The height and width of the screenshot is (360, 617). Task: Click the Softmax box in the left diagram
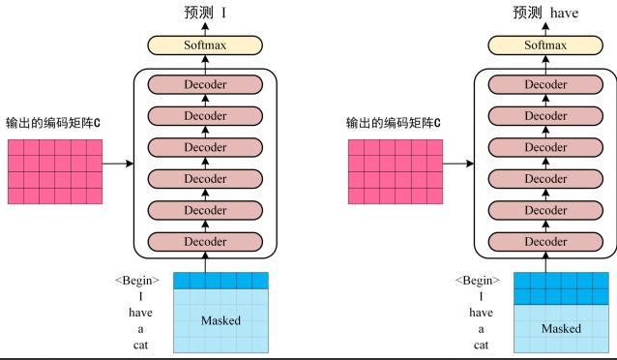click(204, 45)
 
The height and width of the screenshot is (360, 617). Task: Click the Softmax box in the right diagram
click(545, 45)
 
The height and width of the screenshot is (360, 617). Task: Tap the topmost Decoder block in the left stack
click(205, 85)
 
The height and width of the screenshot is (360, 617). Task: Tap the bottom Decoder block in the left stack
click(205, 241)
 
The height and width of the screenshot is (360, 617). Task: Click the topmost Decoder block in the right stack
click(545, 85)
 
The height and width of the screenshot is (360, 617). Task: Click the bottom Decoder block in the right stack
click(545, 241)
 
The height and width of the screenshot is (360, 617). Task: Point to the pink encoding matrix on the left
click(53, 171)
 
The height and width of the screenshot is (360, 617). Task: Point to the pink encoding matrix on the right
click(395, 171)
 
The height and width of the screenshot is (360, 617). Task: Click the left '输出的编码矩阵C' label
click(53, 124)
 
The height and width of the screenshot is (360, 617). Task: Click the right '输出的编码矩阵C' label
click(395, 124)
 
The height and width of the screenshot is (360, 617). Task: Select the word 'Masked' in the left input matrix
click(220, 320)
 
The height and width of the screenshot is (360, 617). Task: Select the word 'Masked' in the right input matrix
click(561, 328)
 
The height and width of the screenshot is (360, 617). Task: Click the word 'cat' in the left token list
click(141, 345)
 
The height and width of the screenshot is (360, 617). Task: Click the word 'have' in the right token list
click(481, 313)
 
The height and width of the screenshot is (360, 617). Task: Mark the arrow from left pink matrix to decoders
click(116, 164)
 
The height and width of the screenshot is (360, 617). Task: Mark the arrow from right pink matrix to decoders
click(456, 164)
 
